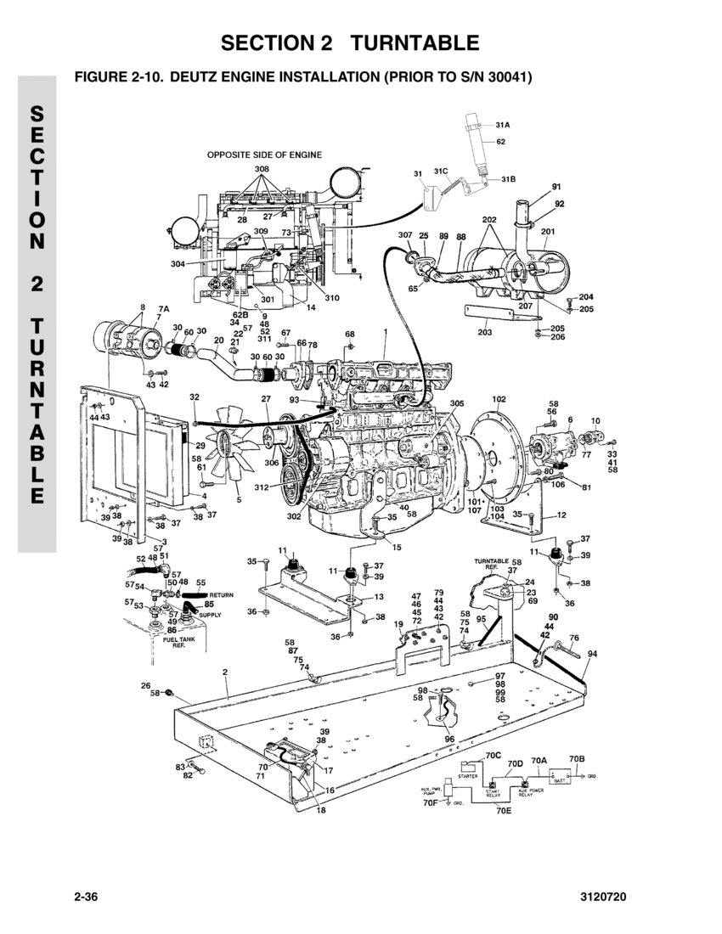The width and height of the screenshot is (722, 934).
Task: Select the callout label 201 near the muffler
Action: (548, 231)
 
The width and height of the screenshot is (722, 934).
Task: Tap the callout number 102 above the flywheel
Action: (499, 398)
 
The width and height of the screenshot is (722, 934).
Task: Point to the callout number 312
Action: (261, 487)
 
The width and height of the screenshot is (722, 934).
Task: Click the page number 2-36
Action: (88, 897)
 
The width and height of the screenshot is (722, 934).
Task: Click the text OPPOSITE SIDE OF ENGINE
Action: (264, 155)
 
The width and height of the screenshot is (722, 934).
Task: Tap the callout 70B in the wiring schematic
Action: (578, 757)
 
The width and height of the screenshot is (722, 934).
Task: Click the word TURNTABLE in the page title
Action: (415, 42)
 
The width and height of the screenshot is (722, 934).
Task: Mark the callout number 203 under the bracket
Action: (485, 332)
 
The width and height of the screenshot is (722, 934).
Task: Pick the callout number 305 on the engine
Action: (457, 403)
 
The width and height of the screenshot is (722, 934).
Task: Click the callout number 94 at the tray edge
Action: (592, 654)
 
